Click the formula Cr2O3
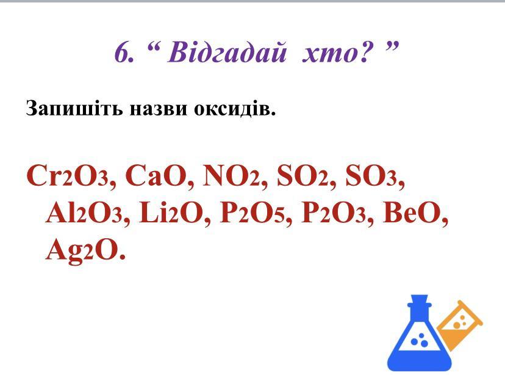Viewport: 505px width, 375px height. (68, 176)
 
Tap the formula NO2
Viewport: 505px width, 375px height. (232, 176)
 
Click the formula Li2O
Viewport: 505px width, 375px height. (171, 213)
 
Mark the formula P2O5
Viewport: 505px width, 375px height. (252, 213)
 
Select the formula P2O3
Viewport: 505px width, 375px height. (334, 213)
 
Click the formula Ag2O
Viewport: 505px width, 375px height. (82, 250)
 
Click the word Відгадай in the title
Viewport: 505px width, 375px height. (226, 53)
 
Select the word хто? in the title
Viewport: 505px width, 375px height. (338, 53)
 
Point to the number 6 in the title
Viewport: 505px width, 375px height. (121, 53)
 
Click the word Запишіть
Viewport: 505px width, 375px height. (74, 108)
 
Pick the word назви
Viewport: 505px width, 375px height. (158, 109)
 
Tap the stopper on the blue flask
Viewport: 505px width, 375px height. (419, 299)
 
